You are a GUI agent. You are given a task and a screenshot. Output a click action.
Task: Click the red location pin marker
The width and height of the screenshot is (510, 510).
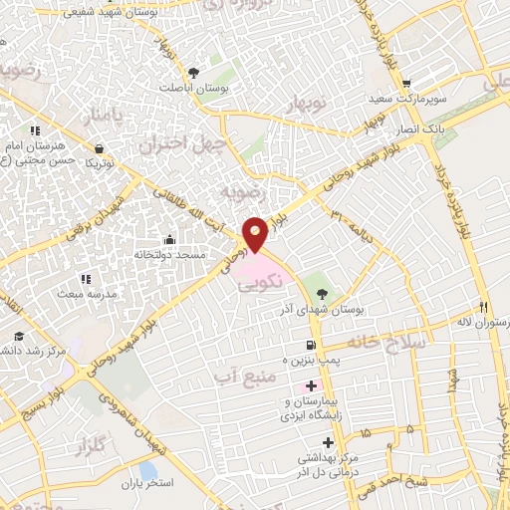click(x=255, y=234)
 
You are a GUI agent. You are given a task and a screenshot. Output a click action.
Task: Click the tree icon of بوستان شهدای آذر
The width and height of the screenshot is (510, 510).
click(x=322, y=294)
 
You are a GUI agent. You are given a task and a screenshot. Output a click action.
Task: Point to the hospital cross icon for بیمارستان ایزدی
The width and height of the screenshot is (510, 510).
click(x=311, y=386)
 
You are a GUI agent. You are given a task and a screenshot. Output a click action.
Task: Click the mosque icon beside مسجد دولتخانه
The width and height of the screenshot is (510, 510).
click(x=169, y=239)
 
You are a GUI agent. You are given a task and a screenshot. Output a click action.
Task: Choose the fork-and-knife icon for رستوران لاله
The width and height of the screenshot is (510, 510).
click(x=484, y=307)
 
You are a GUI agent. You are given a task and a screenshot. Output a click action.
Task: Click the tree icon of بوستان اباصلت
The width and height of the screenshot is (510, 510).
click(x=193, y=72)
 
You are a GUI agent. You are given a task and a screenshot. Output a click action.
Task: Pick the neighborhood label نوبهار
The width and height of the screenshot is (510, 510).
click(x=307, y=105)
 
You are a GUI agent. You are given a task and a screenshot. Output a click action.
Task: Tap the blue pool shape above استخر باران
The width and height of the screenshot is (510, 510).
click(x=148, y=469)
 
